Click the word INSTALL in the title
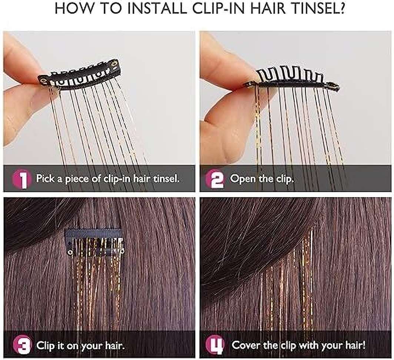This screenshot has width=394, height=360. pyautogui.click(x=157, y=8)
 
